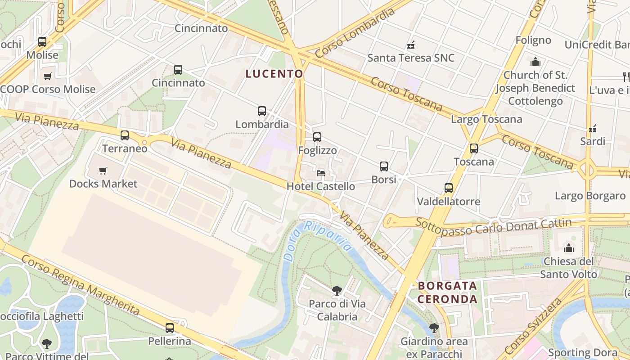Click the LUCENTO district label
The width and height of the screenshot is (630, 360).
pos(274,74)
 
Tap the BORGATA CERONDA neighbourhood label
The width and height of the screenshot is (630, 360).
pos(447,292)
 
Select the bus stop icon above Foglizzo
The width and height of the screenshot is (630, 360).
pos(317,137)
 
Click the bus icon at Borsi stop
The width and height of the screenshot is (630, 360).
pos(384,166)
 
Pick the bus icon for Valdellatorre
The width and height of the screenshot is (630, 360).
pos(449,188)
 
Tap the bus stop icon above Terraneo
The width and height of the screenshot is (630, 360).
pos(125,135)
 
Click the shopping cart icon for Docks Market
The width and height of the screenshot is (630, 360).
pos(103,171)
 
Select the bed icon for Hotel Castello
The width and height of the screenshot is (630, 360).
pos(321,173)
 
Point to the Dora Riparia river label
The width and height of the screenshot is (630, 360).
pos(318,241)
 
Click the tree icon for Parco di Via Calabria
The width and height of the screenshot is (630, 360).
pos(337,291)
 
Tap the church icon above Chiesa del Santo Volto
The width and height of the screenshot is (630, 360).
pos(569,248)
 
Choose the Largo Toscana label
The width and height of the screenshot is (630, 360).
pos(486,119)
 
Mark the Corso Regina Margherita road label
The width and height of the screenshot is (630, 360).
pos(81,284)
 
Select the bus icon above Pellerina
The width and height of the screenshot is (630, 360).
pos(170,328)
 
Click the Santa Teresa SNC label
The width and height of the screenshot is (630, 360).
pos(411,58)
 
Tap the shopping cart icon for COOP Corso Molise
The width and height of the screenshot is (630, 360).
pos(48,76)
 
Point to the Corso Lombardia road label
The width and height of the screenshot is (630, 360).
pos(355,32)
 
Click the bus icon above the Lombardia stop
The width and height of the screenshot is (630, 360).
pos(262,111)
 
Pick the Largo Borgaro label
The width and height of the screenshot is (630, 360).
pos(590,196)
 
